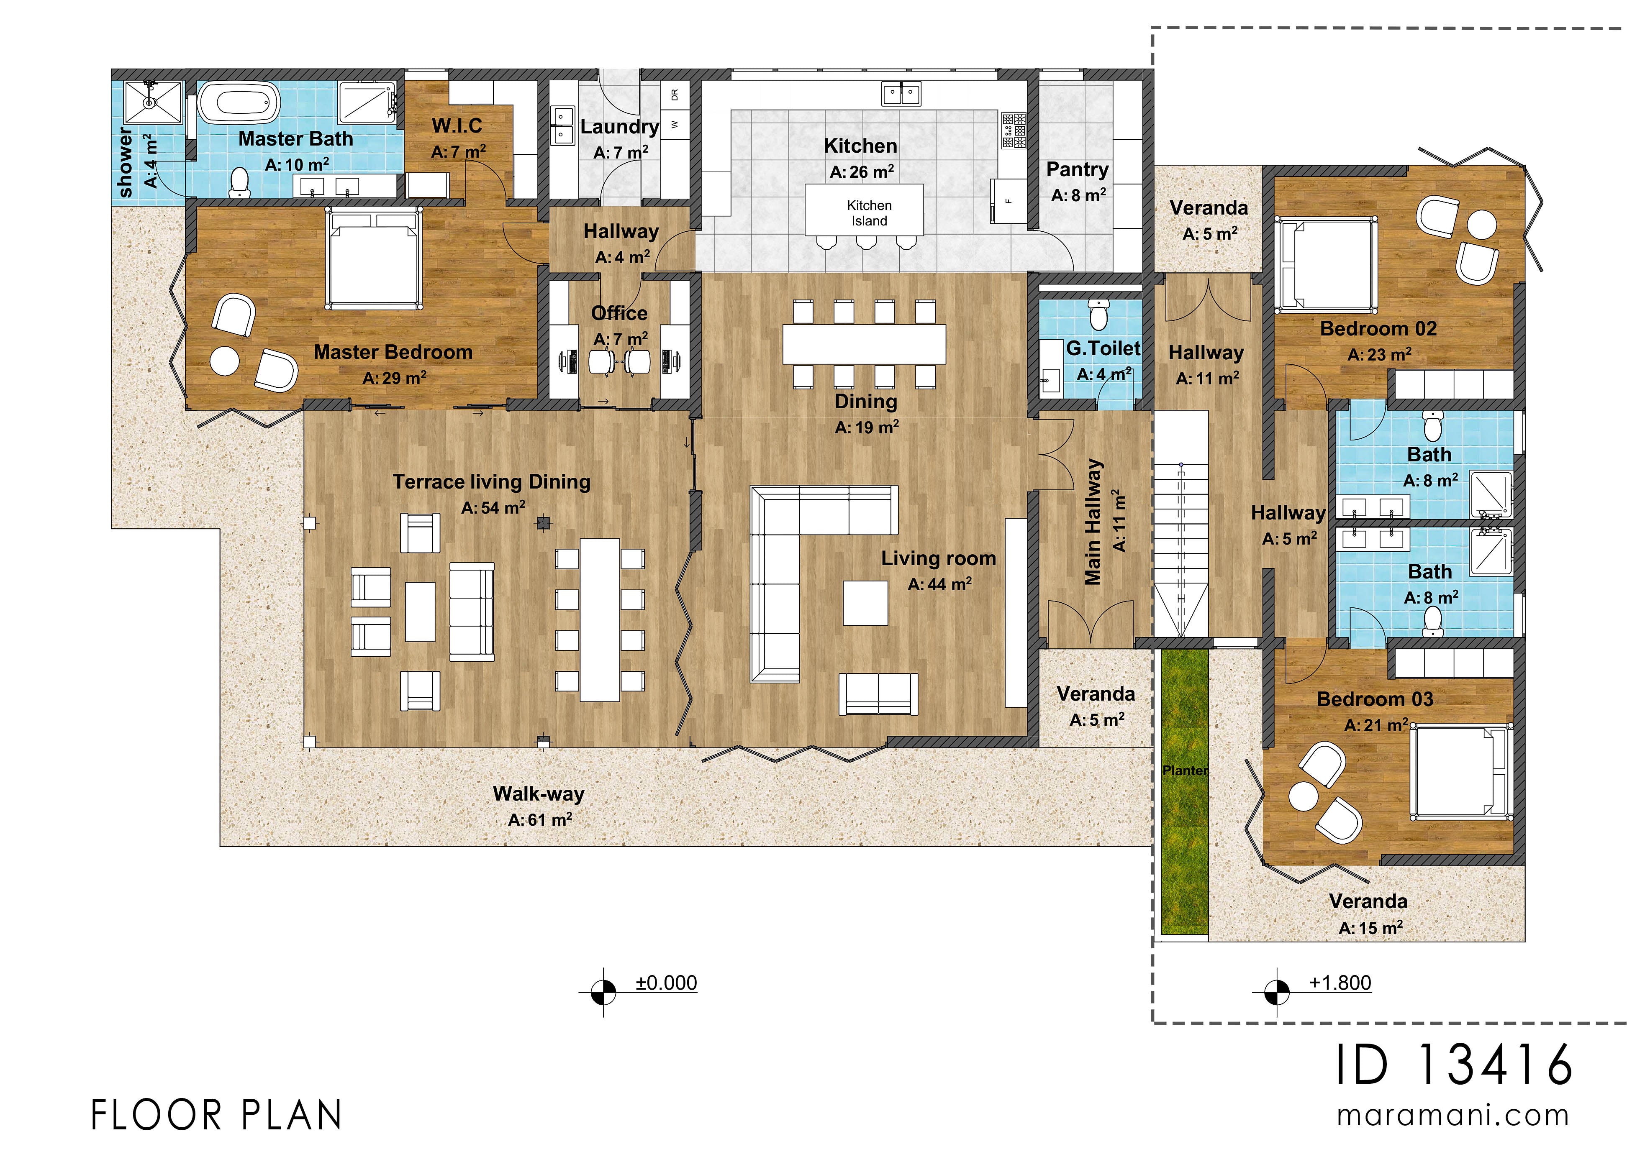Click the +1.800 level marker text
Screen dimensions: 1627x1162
1340,983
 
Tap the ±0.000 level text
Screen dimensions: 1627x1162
666,983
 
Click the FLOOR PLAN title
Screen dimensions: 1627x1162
217,1115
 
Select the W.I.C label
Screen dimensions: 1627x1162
457,126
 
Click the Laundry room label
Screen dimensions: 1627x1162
619,127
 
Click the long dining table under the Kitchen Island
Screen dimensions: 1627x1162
864,344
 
